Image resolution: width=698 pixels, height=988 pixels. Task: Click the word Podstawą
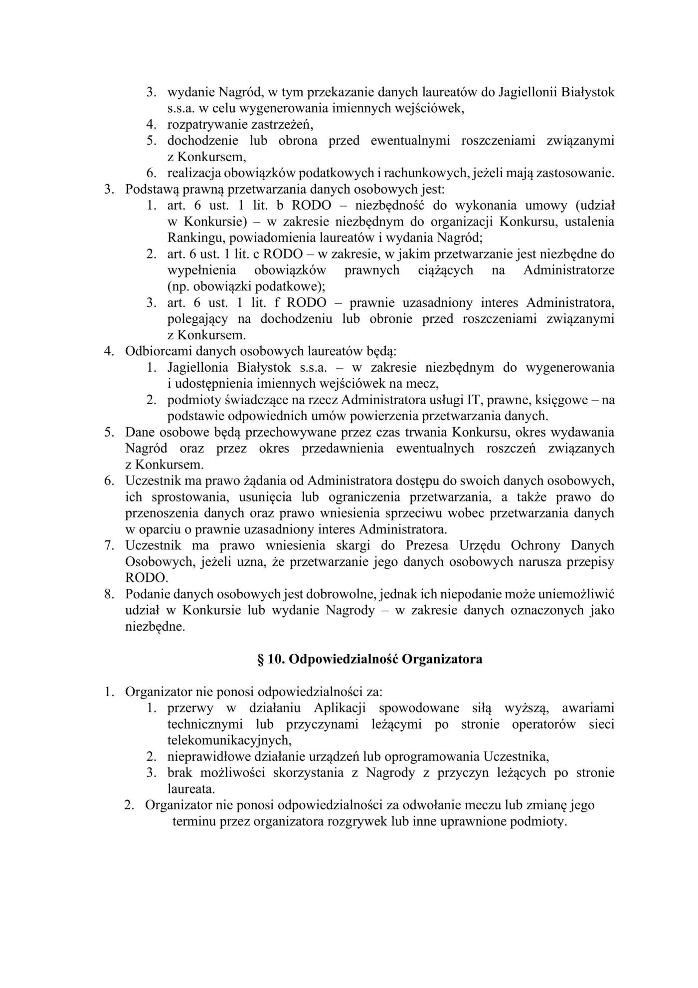click(149, 190)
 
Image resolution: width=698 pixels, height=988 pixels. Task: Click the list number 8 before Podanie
click(109, 594)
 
